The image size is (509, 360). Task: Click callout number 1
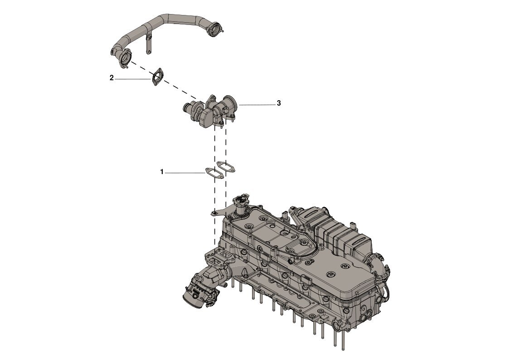(x=162, y=172)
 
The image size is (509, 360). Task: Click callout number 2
(x=111, y=78)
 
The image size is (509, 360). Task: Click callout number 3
(x=278, y=103)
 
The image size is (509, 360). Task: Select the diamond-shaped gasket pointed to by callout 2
(x=157, y=77)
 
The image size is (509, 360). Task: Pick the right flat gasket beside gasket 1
(x=226, y=166)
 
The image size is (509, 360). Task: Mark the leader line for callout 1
(x=185, y=173)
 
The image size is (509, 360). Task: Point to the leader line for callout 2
(x=133, y=79)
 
